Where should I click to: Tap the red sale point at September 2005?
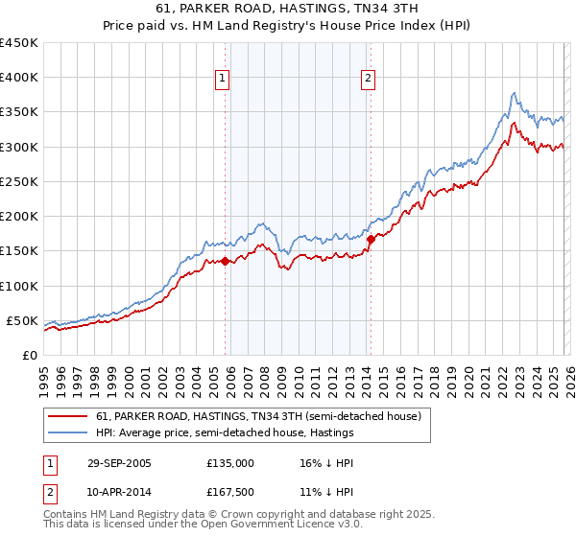pyautogui.click(x=226, y=261)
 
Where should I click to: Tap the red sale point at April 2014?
pyautogui.click(x=371, y=239)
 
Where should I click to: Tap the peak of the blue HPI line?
pyautogui.click(x=515, y=93)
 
